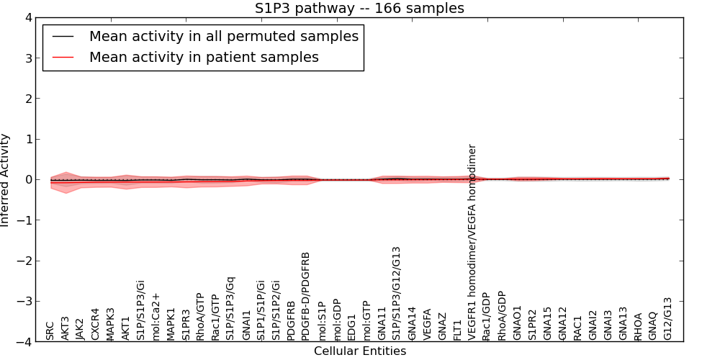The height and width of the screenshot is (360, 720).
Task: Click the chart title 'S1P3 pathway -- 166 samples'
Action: click(x=359, y=9)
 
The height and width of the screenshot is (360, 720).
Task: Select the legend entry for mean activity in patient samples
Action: click(x=204, y=57)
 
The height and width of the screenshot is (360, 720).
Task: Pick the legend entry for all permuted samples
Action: click(x=223, y=36)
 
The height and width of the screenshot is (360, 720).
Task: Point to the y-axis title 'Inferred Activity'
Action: click(x=6, y=180)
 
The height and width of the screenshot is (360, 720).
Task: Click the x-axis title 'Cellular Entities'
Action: click(x=359, y=351)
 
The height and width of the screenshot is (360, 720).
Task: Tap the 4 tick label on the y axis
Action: click(x=28, y=17)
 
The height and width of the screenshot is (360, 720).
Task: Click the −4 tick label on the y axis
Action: click(x=25, y=342)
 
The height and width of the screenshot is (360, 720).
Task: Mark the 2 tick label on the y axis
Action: click(x=28, y=99)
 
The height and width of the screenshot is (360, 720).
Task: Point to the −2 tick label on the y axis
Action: click(x=25, y=261)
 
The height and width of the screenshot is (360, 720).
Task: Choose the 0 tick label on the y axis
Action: click(x=28, y=179)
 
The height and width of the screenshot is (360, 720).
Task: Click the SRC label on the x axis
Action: click(x=50, y=330)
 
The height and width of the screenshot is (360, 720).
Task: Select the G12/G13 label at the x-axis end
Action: click(x=668, y=318)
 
